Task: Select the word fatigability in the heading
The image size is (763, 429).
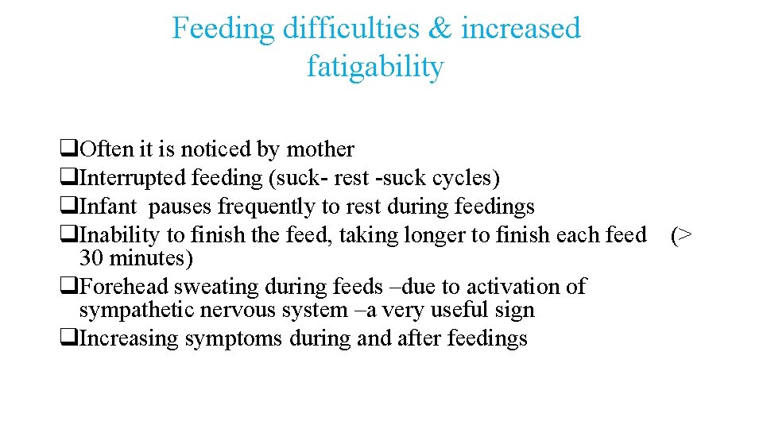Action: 375,67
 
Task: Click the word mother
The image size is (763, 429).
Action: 320,149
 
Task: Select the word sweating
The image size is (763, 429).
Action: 199,286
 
